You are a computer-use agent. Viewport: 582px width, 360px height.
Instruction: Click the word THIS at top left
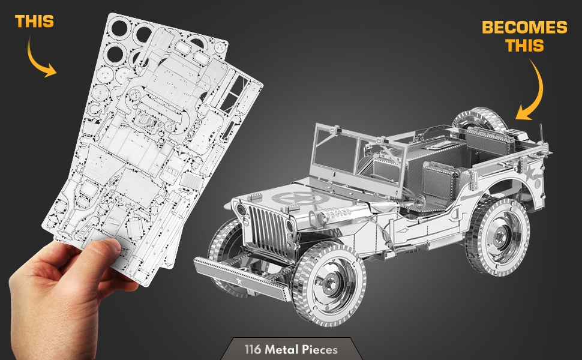coord(34,22)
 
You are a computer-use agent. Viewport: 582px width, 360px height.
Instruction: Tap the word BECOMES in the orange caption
coord(524,27)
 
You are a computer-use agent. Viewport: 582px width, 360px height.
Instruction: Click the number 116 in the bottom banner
coord(253,349)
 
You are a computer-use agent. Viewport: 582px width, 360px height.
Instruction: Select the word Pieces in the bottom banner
coord(319,349)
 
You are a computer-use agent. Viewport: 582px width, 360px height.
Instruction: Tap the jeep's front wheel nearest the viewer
coord(329,284)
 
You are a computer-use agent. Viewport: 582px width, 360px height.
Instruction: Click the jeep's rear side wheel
coord(497,236)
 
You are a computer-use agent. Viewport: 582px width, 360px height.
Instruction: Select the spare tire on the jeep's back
coord(479,119)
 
